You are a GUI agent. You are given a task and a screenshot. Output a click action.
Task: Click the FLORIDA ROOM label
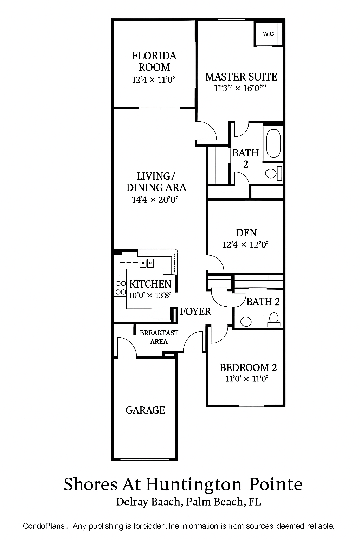[154, 61]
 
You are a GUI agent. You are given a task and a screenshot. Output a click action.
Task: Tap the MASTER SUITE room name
[241, 77]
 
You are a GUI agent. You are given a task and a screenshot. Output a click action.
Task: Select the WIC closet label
[268, 34]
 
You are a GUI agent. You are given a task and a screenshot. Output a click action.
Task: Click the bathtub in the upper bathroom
[273, 144]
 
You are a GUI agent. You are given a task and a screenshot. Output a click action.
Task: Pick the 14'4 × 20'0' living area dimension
[155, 200]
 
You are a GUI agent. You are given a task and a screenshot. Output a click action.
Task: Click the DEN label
[246, 232]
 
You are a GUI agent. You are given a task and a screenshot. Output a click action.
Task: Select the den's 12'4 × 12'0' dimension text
[245, 244]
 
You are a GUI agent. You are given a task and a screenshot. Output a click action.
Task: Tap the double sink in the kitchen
[147, 263]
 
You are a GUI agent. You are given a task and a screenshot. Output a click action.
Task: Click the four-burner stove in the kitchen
[121, 287]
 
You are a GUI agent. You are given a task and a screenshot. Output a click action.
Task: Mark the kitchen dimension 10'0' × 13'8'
[150, 295]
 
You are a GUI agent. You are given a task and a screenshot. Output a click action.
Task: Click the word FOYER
[195, 311]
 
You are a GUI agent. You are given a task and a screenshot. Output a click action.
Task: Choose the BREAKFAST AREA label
[159, 337]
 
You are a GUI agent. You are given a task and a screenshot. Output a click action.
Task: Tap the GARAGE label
[145, 410]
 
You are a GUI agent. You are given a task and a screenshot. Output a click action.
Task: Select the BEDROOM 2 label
[248, 367]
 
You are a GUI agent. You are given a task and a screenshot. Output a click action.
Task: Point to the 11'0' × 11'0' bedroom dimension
[247, 379]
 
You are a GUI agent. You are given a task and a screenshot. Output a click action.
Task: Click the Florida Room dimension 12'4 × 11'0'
[153, 80]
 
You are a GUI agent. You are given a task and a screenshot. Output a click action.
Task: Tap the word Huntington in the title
[194, 484]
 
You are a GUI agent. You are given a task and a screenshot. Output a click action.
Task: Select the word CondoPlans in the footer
[44, 526]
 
